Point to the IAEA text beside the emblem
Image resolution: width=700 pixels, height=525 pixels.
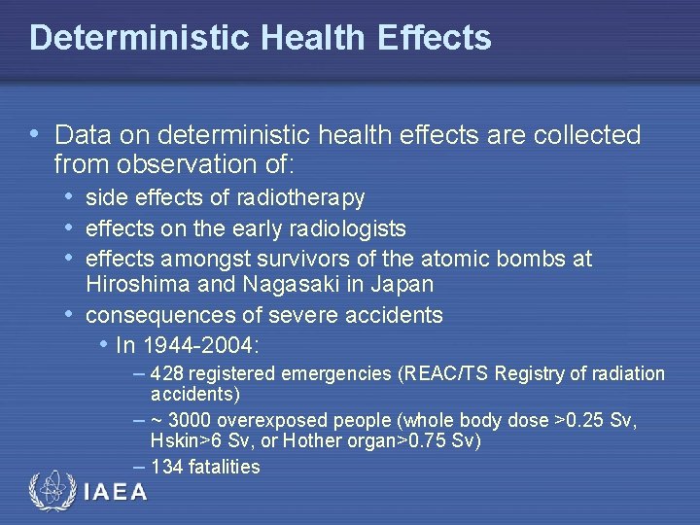tap(116, 492)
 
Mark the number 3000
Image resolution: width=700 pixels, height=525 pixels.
tap(192, 421)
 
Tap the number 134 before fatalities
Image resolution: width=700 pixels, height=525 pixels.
tap(168, 467)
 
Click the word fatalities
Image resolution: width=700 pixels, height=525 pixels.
tap(226, 467)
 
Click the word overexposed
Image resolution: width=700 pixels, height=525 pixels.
tap(275, 421)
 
